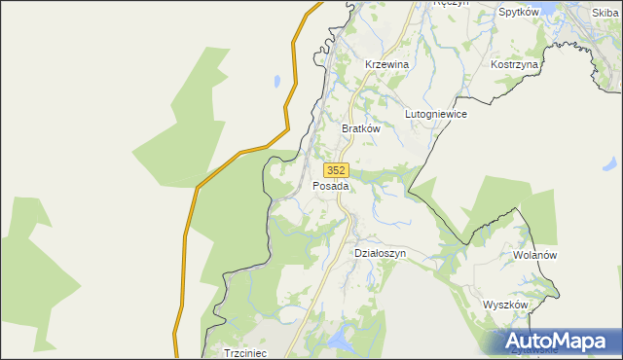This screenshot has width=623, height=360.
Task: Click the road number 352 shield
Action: (336, 169)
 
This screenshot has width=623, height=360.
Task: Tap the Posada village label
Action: (331, 186)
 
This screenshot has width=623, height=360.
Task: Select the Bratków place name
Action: (360, 127)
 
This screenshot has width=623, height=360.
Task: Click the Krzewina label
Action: (386, 64)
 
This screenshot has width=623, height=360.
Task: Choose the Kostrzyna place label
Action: (515, 63)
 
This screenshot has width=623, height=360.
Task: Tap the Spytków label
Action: (519, 13)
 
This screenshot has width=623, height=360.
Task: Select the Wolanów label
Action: (533, 255)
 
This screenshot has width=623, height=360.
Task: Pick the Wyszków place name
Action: (505, 305)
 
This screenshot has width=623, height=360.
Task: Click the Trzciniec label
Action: (245, 352)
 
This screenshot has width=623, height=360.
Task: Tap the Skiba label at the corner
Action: (605, 13)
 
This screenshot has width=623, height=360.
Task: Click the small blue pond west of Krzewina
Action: (278, 81)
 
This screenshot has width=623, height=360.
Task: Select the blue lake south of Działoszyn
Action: (339, 340)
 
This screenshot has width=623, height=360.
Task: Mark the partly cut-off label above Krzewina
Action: (451, 3)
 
